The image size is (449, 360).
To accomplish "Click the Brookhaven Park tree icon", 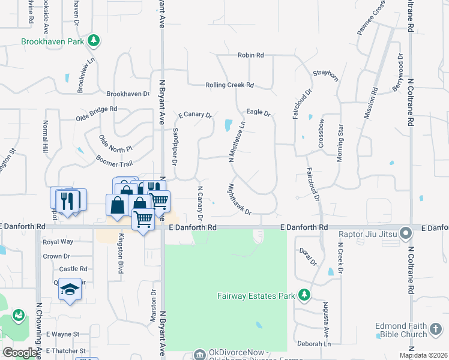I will click(x=93, y=41).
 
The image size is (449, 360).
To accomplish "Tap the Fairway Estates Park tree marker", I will click(x=304, y=295).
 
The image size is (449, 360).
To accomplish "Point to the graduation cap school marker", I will click(x=70, y=289).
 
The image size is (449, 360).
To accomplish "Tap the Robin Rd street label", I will click(x=251, y=55).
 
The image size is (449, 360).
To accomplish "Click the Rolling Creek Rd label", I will click(x=229, y=85).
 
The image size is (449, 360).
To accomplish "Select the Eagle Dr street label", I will click(x=259, y=112).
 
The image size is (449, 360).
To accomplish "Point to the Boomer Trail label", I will click(x=114, y=161).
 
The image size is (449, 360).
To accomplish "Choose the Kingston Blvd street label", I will click(x=121, y=254).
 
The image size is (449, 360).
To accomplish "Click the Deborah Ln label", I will click(x=314, y=344).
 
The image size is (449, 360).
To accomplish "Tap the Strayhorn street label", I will click(x=326, y=73).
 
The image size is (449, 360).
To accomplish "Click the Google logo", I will click(x=20, y=353).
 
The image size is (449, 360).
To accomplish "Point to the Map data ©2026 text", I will click(x=423, y=355).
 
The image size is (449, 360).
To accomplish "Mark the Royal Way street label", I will click(x=58, y=242).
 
